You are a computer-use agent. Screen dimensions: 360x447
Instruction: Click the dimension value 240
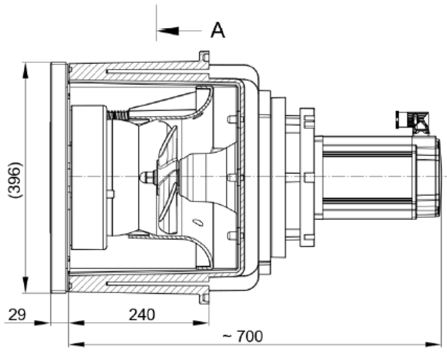coord(142,315)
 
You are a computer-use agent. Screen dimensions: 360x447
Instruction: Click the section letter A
coord(217,30)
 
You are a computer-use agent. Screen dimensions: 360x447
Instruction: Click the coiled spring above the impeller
coord(118,115)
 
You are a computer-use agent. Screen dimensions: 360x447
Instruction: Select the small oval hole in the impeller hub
coord(197,222)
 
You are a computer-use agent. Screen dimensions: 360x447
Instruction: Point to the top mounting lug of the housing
coord(204,57)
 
